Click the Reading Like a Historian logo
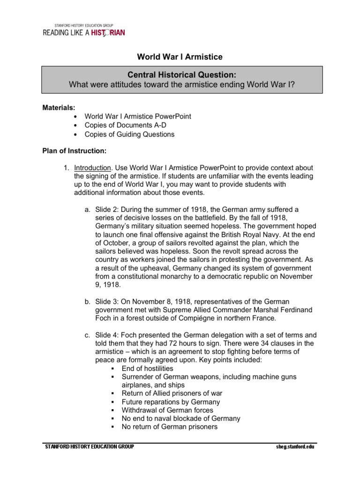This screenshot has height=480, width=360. click(84, 31)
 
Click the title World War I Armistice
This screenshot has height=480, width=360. click(180, 57)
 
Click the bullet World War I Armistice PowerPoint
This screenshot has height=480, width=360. click(138, 116)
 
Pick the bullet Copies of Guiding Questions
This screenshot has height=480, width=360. click(129, 135)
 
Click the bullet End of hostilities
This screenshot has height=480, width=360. click(147, 368)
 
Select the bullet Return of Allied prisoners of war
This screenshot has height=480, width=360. click(172, 393)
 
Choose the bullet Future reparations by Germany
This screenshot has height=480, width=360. click(171, 402)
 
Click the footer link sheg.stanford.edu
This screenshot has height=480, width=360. click(295, 447)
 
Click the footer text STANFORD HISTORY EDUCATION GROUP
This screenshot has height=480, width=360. click(90, 447)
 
